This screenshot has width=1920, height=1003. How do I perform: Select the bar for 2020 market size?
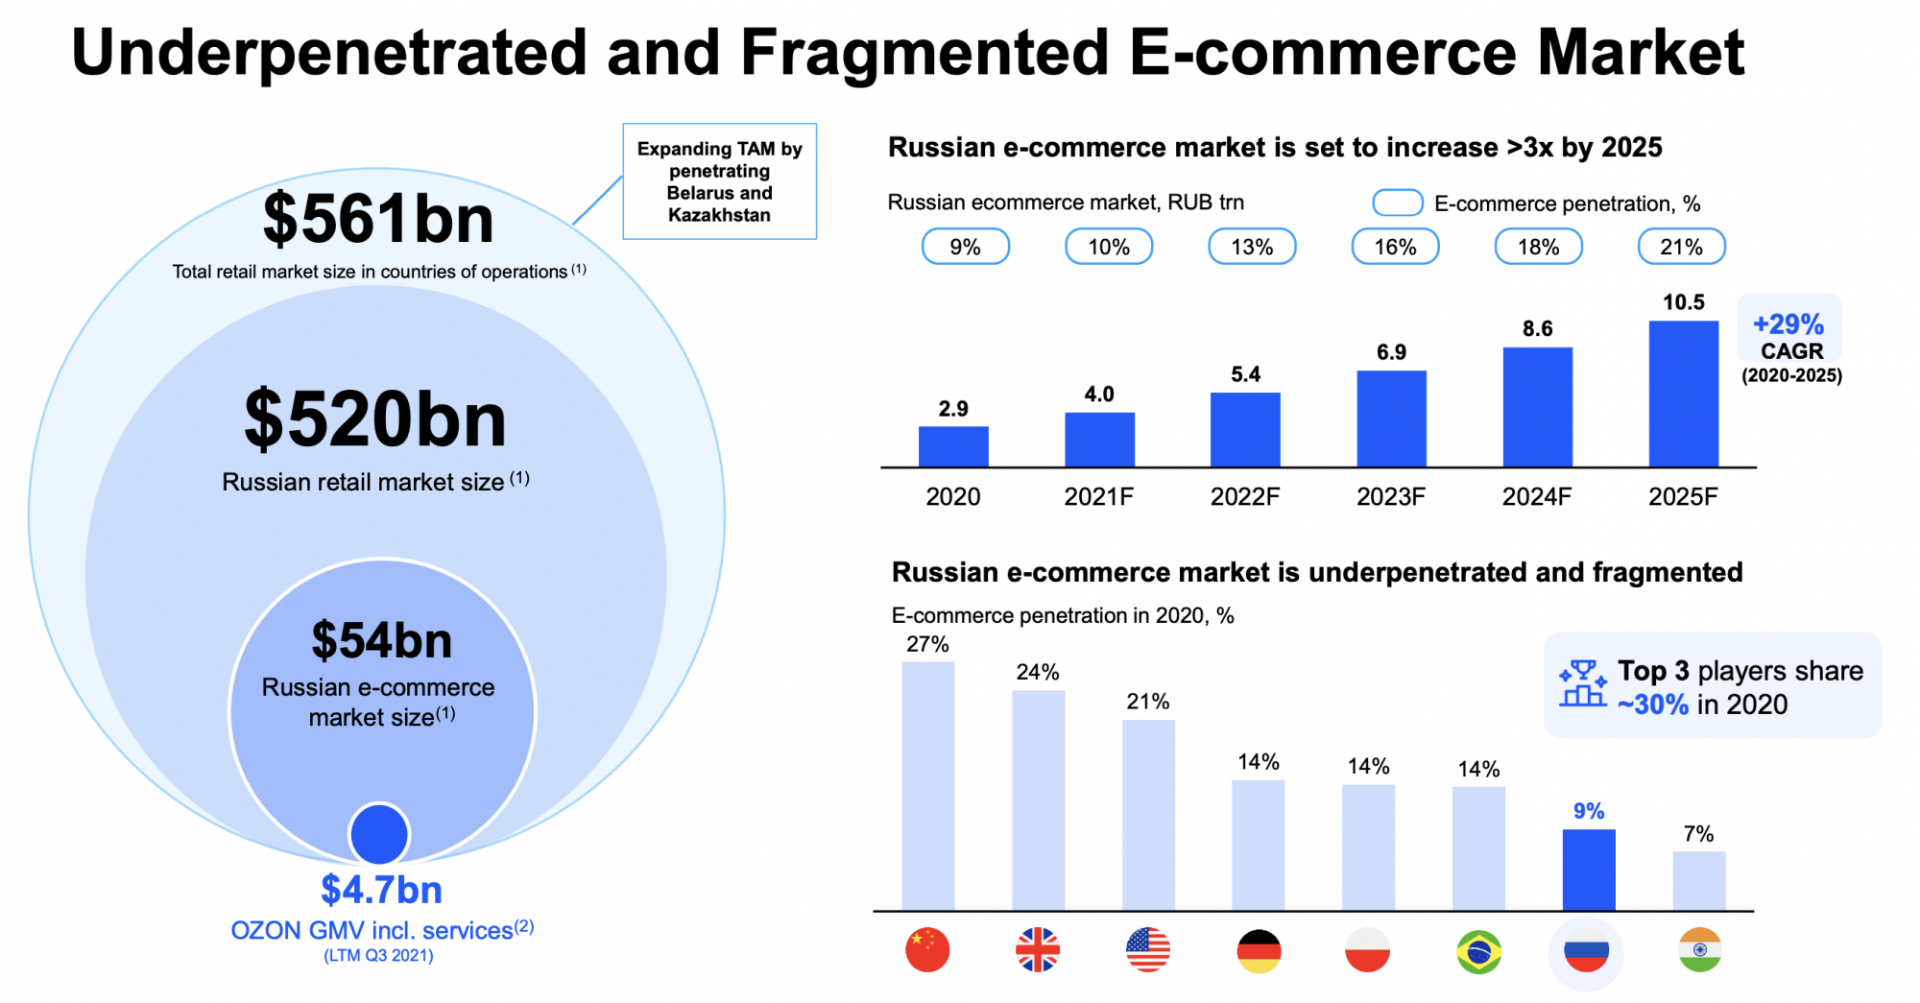[x=953, y=446]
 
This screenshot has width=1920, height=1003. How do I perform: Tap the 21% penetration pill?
[x=1681, y=247]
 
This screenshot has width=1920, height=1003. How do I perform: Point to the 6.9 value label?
[x=1391, y=352]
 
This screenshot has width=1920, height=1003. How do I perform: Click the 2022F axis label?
[x=1245, y=496]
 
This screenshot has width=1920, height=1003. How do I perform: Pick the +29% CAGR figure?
[x=1788, y=324]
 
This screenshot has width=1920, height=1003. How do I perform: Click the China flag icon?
[x=927, y=950]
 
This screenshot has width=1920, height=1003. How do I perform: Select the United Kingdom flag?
[x=1038, y=950]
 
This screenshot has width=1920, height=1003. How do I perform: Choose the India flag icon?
[x=1699, y=950]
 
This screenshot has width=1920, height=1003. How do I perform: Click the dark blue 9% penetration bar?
[x=1589, y=870]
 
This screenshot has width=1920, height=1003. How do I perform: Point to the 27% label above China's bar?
[x=927, y=644]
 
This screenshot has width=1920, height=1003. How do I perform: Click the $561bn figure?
[x=378, y=219]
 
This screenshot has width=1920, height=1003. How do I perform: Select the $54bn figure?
[x=381, y=640]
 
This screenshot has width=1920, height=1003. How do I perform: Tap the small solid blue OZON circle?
[x=379, y=833]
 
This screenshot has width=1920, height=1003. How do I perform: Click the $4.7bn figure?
[x=381, y=890]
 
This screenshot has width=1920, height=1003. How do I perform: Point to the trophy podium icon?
[x=1582, y=683]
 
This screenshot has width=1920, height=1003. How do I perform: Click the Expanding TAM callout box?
[x=719, y=181]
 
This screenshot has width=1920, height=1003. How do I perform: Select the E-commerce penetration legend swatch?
[x=1397, y=203]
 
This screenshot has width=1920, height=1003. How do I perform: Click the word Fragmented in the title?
[x=924, y=52]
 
